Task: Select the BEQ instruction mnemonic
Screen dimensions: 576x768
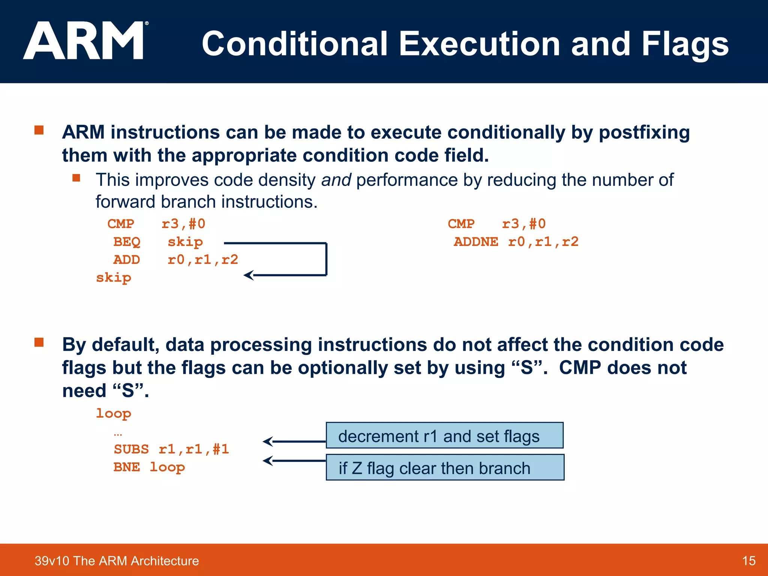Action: tap(127, 242)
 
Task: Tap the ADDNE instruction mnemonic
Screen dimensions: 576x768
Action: tap(476, 242)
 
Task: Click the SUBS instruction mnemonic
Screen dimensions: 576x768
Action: tap(131, 449)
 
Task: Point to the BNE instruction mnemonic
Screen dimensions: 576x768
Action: tap(127, 467)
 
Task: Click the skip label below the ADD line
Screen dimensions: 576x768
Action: tap(114, 278)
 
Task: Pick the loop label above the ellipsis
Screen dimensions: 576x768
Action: tap(114, 413)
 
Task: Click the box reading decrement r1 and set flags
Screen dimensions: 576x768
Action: tap(444, 435)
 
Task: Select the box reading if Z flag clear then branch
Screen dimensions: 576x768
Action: tap(445, 467)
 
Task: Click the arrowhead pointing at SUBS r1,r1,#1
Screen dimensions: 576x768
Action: tap(267, 441)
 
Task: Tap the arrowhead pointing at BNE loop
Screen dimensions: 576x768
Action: tap(267, 460)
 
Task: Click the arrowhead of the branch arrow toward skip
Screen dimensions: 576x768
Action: tap(248, 276)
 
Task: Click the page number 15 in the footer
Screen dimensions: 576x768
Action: tap(748, 561)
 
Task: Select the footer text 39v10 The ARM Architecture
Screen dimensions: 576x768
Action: tap(117, 561)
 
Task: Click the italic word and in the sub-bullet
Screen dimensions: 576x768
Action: tap(336, 180)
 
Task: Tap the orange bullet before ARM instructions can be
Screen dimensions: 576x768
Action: tap(39, 130)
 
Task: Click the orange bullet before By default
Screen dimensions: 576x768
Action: tap(39, 342)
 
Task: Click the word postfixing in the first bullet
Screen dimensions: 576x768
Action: tap(644, 133)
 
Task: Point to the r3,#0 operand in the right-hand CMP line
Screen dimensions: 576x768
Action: tap(524, 224)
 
